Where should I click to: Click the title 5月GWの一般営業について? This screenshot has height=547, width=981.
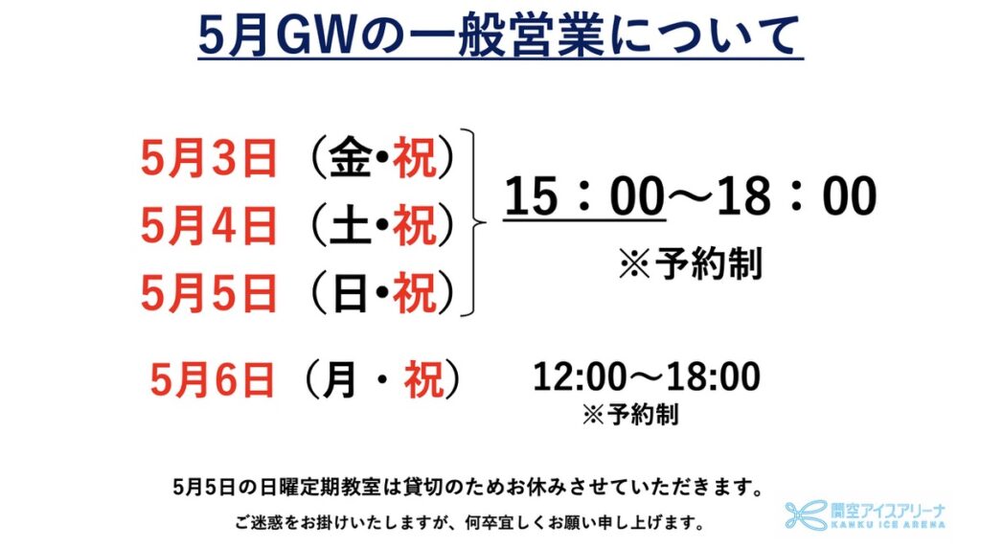[x=500, y=35]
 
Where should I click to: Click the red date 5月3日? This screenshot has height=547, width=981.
[x=209, y=158]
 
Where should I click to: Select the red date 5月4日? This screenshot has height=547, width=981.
[x=209, y=225]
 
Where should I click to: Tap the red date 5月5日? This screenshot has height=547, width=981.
[x=209, y=293]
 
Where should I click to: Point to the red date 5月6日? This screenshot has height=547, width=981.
[x=212, y=379]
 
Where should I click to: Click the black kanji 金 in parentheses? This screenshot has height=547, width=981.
[x=351, y=157]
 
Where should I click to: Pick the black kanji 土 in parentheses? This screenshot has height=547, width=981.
[x=351, y=225]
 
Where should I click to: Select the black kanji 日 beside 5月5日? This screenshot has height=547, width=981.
[x=351, y=293]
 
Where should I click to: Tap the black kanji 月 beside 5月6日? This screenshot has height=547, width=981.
[x=340, y=379]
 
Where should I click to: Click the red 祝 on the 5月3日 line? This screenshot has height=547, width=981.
[x=414, y=158]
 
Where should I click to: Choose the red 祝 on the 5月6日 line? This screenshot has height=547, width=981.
[x=424, y=379]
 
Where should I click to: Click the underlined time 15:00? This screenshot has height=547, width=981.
[x=584, y=196]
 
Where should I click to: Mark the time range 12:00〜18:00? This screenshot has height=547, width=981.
[x=647, y=376]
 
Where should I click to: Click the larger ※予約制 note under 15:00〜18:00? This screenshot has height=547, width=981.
[x=691, y=263]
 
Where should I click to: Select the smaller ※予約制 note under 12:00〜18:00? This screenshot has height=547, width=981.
[x=630, y=414]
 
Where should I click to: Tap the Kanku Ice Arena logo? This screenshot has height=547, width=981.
[x=865, y=515]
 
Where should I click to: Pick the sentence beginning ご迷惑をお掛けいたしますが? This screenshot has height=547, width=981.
[x=469, y=522]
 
